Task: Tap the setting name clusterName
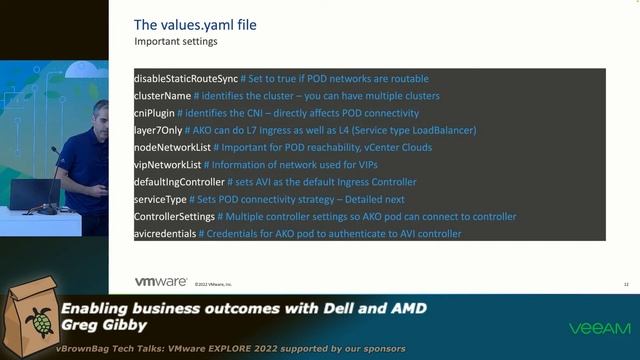(x=162, y=95)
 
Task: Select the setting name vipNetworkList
(x=167, y=164)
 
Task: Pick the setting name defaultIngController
(x=180, y=182)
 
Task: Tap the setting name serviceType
(x=160, y=199)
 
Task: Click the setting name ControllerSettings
(x=174, y=216)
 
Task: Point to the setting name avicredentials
(x=165, y=233)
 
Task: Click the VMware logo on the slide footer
(x=161, y=282)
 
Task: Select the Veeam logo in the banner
(x=599, y=328)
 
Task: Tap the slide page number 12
(x=625, y=285)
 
